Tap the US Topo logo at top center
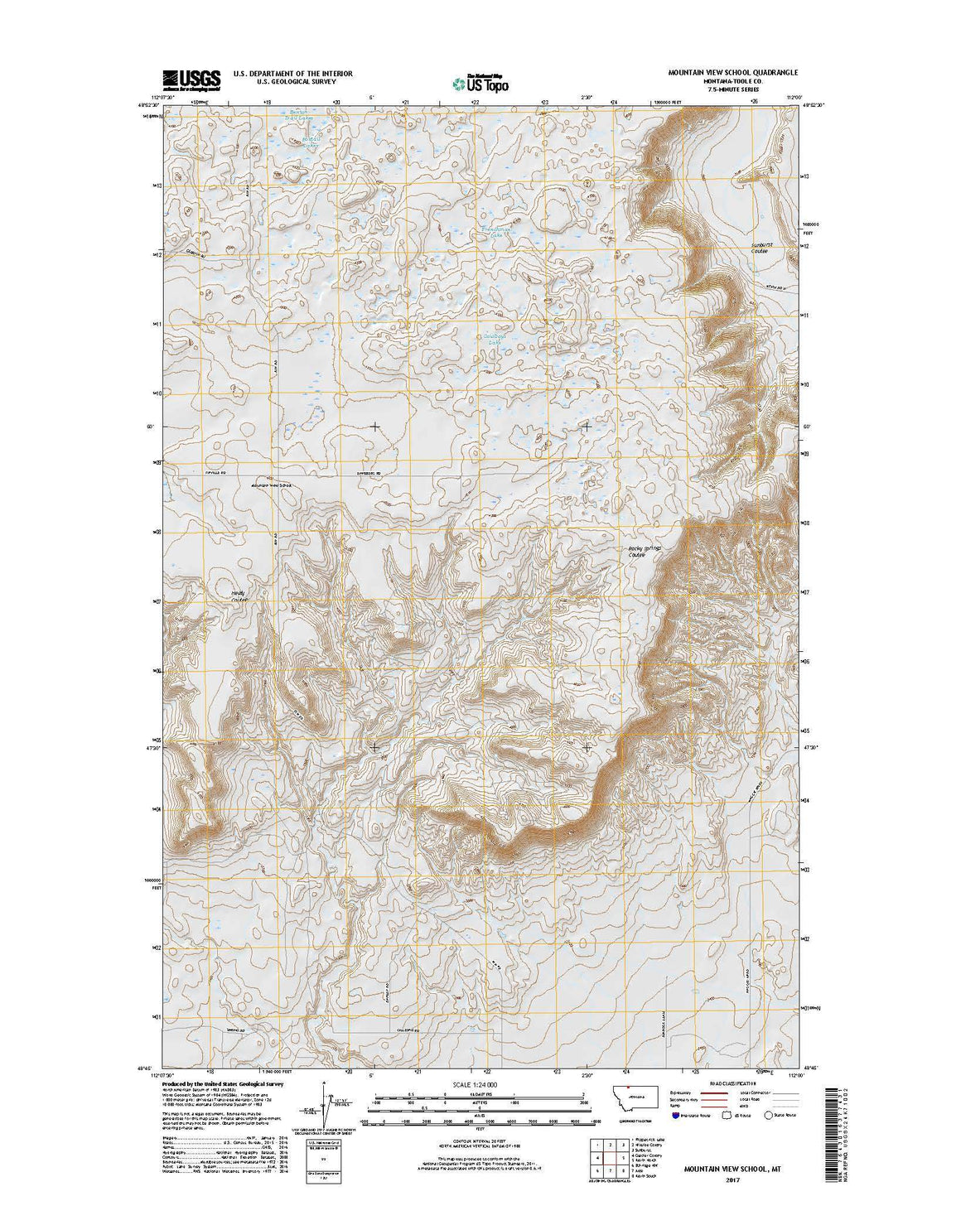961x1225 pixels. [480, 81]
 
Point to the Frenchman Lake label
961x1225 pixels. [498, 232]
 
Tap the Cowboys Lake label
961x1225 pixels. [495, 339]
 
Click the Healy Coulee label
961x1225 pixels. [239, 596]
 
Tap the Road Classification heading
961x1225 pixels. [730, 1083]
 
